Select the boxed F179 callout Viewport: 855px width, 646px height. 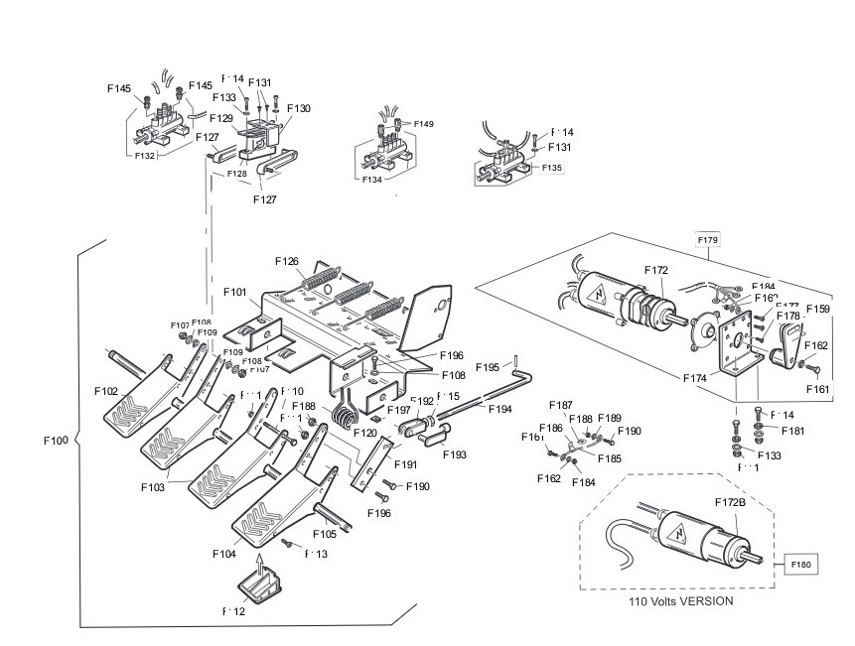708,240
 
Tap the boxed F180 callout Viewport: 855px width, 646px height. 801,565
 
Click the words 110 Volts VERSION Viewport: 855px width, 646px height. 681,601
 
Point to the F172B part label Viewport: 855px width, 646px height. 730,503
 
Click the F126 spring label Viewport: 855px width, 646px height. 286,262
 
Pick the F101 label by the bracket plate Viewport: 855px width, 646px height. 234,293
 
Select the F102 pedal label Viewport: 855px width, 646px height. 107,391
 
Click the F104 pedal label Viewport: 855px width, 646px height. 223,554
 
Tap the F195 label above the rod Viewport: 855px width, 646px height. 488,367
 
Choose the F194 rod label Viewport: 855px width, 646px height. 499,408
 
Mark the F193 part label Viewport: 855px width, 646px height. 455,454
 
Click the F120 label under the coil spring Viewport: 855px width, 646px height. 364,434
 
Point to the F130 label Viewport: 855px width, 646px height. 298,108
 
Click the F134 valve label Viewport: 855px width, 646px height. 372,181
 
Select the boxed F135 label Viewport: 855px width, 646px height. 551,168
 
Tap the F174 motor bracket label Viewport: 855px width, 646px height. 695,378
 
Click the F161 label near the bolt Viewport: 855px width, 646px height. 816,390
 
